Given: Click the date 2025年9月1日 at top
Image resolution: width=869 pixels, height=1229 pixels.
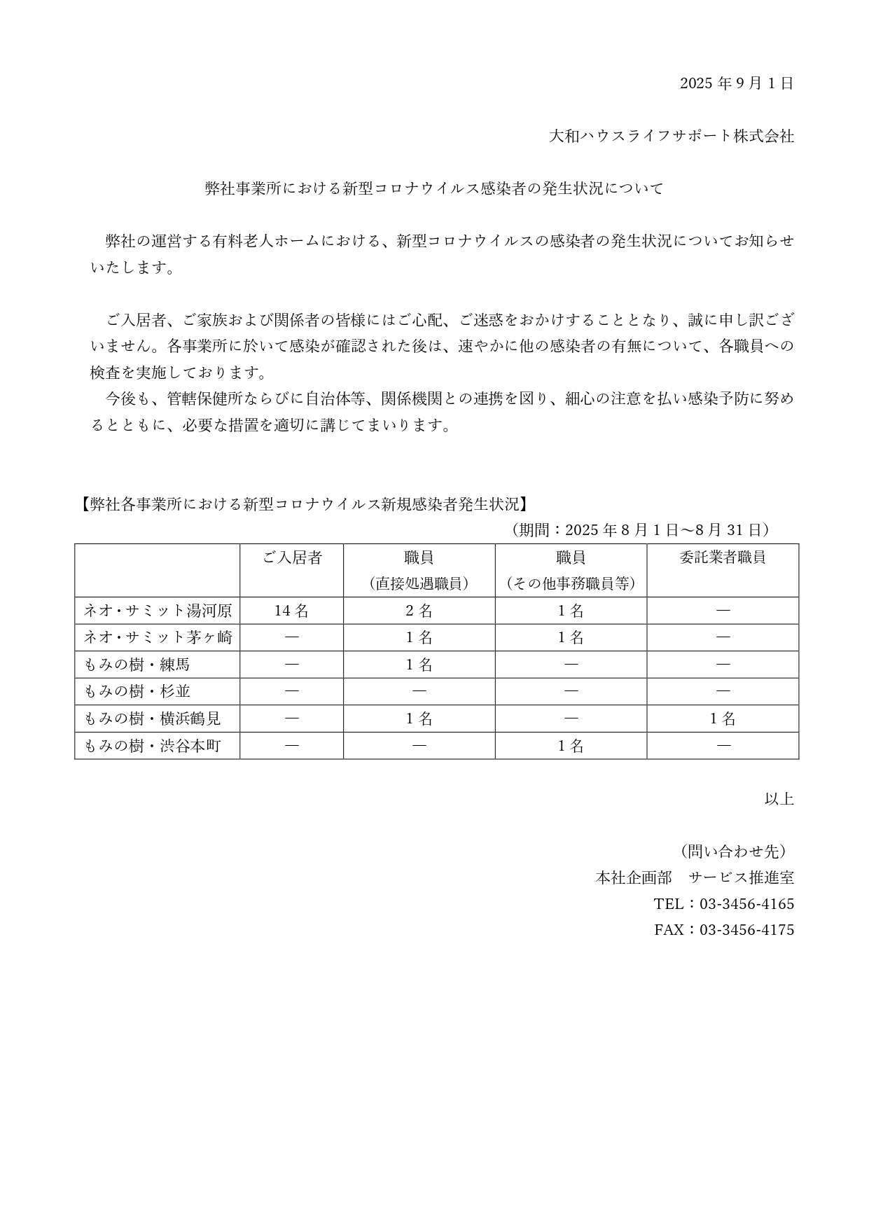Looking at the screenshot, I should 737,83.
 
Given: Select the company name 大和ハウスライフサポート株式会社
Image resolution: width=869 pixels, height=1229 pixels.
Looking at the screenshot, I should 672,136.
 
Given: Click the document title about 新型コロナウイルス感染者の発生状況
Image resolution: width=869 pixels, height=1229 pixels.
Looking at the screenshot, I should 433,188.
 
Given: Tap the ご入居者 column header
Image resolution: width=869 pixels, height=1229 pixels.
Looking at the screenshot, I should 292,557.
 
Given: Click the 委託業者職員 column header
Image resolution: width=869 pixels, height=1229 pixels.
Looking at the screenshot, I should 722,557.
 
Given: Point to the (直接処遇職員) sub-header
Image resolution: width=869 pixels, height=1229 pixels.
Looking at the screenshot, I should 419,583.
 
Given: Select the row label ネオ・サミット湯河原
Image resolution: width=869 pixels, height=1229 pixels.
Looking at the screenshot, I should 158,611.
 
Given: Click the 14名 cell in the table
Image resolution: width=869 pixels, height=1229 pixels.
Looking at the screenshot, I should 291,611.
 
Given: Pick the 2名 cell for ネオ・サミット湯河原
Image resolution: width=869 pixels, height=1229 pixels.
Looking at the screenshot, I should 419,611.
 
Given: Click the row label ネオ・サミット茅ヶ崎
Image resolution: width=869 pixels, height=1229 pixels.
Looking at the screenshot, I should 158,637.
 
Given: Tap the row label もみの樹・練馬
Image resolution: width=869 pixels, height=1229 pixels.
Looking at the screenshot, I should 137,665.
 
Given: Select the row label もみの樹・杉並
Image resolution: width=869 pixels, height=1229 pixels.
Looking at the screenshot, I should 137,691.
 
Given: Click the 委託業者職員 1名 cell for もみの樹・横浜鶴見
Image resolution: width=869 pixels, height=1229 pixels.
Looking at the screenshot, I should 723,718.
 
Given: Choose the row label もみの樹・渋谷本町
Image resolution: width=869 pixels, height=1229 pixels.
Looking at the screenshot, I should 153,746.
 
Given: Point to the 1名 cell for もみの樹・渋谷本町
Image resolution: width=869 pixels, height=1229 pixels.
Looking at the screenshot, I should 571,746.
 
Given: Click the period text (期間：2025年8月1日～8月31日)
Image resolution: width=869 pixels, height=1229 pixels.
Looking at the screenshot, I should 640,529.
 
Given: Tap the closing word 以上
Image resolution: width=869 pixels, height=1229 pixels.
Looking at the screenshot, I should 779,798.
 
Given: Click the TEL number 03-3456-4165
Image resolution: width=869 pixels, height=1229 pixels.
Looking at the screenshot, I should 746,904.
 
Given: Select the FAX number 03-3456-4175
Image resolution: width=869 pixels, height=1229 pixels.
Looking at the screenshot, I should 746,930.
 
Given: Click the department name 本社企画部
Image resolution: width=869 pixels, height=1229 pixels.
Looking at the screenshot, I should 633,877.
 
